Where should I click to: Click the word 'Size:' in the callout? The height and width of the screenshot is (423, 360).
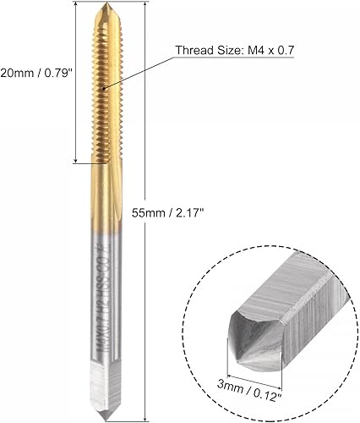pyautogui.click(x=226, y=49)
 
